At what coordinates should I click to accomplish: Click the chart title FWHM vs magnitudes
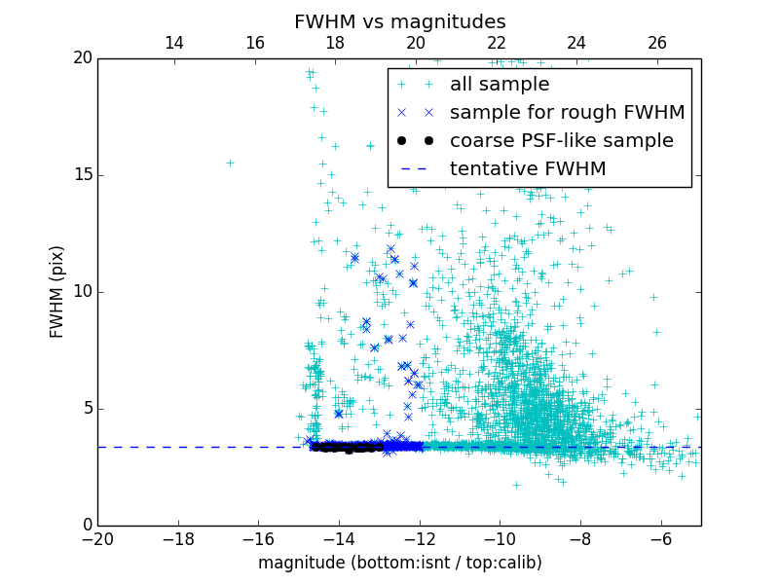coord(399,21)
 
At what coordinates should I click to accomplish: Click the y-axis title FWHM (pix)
coord(57,292)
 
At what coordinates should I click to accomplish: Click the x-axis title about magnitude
coord(399,563)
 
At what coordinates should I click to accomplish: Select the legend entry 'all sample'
coord(499,85)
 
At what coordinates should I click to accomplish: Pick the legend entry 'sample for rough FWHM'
coord(567,113)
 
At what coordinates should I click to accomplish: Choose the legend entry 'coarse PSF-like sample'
coord(561,141)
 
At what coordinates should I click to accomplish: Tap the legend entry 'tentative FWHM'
coord(527,169)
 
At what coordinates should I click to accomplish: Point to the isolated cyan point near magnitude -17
coord(230,163)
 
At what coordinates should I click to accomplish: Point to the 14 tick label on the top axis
coord(174,43)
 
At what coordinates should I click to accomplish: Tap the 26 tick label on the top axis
coord(657,43)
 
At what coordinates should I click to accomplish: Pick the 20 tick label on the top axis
coord(416,43)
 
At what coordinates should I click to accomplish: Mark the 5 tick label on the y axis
coord(85,409)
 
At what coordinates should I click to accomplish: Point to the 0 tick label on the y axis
coord(85,526)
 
